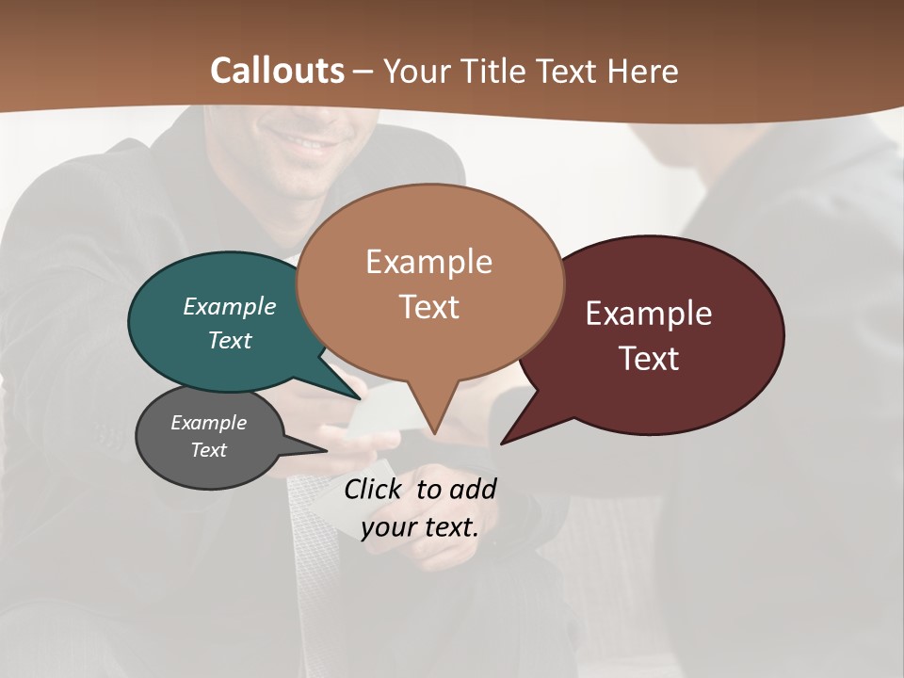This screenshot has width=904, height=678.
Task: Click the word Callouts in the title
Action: pyautogui.click(x=278, y=71)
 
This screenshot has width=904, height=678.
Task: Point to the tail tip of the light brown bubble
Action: pyautogui.click(x=434, y=433)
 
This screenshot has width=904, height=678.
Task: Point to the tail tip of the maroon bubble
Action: pyautogui.click(x=502, y=443)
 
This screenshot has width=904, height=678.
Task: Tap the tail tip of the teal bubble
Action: pyautogui.click(x=360, y=399)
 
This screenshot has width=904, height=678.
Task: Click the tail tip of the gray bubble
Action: pyautogui.click(x=327, y=450)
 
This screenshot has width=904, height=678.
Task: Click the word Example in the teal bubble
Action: pyautogui.click(x=230, y=307)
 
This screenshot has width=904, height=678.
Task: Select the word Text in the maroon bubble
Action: pyautogui.click(x=650, y=359)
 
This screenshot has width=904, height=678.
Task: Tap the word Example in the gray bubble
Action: pyautogui.click(x=208, y=423)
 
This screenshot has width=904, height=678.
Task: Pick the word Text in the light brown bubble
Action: pyautogui.click(x=429, y=307)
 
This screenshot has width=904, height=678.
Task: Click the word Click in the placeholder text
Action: pyautogui.click(x=374, y=489)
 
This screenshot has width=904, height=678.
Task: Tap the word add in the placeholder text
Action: pyautogui.click(x=473, y=489)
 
